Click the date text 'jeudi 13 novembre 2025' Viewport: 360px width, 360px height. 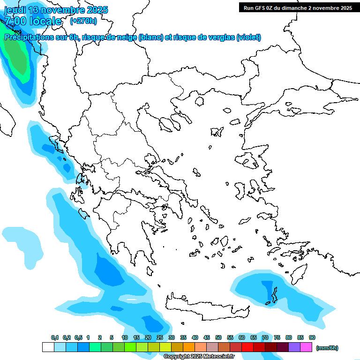point(56,10)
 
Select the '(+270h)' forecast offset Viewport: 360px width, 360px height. point(83,21)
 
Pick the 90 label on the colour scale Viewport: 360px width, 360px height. point(312,337)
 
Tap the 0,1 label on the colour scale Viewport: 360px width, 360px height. point(55,337)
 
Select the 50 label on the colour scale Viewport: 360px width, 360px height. point(218,337)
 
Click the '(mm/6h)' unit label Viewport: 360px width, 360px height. point(327,348)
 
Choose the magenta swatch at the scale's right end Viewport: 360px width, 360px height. point(306,347)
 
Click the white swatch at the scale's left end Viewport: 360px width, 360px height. point(48,347)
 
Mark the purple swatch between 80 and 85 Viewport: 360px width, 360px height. point(294,347)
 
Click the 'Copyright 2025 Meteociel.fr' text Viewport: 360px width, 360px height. point(199,356)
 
